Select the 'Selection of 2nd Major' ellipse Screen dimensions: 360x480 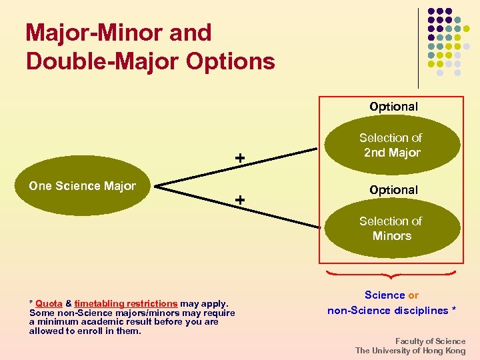[392, 145]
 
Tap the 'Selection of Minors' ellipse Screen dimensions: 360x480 [392, 229]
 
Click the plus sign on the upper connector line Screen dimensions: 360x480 [239, 158]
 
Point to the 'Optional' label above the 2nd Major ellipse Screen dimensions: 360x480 [393, 107]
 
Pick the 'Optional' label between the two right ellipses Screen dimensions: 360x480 [393, 190]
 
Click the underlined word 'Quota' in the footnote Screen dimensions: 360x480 [49, 304]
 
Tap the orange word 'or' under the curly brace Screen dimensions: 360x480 [413, 295]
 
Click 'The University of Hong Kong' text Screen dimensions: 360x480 [410, 351]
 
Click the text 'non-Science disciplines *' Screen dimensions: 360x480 [391, 311]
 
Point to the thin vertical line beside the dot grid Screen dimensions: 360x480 [418, 47]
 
